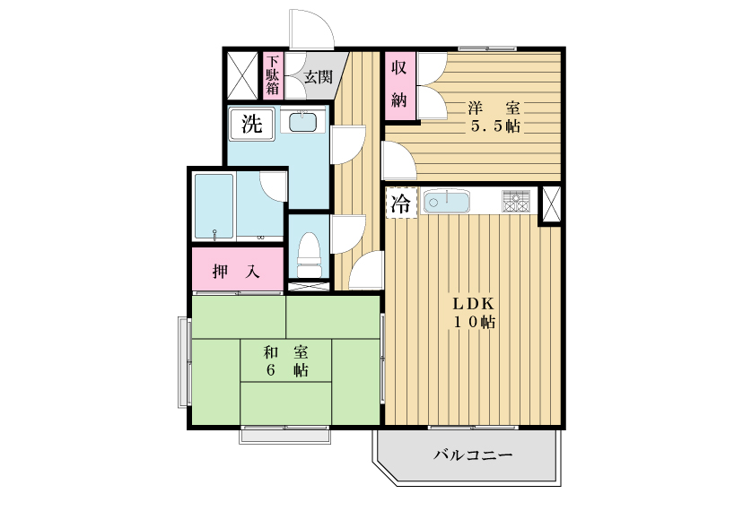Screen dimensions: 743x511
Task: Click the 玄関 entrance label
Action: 318,77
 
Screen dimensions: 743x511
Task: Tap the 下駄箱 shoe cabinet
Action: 272,75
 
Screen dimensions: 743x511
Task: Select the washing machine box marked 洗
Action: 251,124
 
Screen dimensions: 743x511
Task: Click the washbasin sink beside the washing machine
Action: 302,121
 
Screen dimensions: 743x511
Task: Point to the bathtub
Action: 214,206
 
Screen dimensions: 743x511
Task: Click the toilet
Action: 309,255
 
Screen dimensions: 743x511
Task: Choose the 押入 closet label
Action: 237,272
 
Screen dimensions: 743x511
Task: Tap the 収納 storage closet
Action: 399,86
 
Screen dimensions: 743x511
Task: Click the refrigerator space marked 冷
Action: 401,204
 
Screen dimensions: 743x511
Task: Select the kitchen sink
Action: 446,202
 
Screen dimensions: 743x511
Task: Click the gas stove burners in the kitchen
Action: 516,202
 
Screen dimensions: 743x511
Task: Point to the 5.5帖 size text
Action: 494,126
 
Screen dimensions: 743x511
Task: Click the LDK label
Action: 474,304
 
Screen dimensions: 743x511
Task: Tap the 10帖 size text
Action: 475,323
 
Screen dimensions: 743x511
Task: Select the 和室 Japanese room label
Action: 285,352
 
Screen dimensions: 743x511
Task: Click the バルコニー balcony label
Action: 474,455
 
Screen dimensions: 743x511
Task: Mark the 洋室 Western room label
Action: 494,108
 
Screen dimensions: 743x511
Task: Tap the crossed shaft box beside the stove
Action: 551,204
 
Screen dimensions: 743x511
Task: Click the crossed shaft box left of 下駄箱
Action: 241,76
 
